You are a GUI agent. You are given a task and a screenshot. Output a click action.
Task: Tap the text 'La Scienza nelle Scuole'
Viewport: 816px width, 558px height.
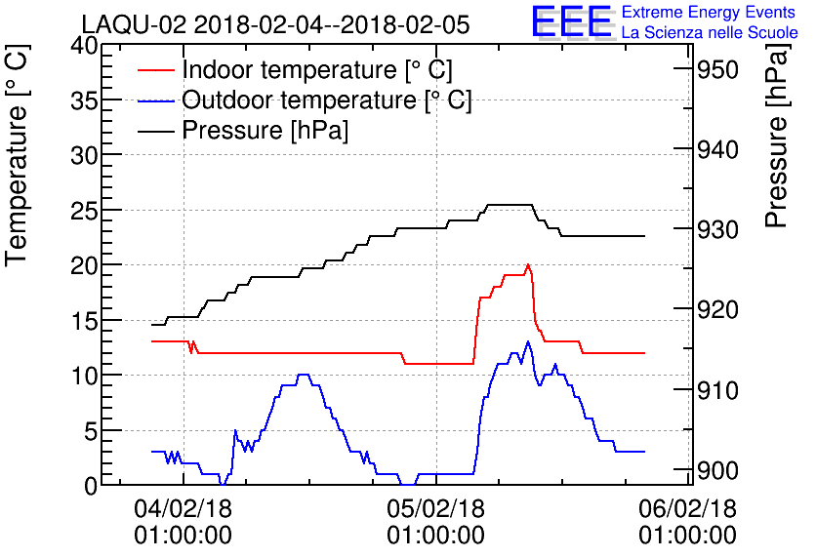[710, 33]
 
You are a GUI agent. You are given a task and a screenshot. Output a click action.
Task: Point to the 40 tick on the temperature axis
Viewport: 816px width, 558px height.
[84, 46]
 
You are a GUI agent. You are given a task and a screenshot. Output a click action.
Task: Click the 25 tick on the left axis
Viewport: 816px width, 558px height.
[84, 211]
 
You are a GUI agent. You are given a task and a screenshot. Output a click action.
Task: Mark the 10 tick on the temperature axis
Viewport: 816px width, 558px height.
[84, 376]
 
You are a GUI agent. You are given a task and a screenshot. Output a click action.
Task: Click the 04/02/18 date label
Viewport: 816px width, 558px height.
[183, 508]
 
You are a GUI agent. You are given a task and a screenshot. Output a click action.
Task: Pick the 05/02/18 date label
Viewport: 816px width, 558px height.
[435, 508]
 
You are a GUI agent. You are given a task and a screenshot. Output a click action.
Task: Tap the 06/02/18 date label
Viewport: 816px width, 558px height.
[688, 508]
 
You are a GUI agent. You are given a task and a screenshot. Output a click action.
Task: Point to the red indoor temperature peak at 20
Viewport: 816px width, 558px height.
[528, 264]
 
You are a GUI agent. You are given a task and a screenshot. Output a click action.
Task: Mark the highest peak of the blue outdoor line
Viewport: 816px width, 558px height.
[528, 341]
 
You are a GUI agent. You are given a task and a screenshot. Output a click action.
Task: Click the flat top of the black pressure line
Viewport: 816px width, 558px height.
[509, 205]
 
